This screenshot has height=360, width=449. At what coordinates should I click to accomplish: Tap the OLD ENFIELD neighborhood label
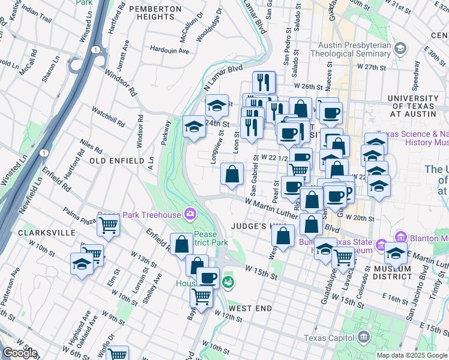tap(116, 161)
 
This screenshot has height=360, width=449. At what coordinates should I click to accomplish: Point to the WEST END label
tap(251, 308)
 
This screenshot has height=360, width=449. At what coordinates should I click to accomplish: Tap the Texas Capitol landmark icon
tap(363, 337)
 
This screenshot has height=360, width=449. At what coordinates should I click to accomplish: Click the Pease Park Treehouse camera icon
tap(190, 214)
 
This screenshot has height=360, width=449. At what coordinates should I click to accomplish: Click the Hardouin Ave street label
tap(170, 49)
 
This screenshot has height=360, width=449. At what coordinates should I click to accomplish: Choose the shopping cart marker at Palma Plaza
tap(108, 226)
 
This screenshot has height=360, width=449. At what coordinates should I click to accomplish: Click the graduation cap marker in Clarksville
tap(82, 263)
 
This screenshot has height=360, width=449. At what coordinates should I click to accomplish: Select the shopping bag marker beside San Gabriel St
tap(232, 175)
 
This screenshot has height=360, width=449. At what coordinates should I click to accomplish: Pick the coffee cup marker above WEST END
tap(208, 278)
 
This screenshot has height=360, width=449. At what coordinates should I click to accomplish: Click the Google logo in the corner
tap(19, 353)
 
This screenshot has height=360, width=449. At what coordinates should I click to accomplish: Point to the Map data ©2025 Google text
tap(411, 355)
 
